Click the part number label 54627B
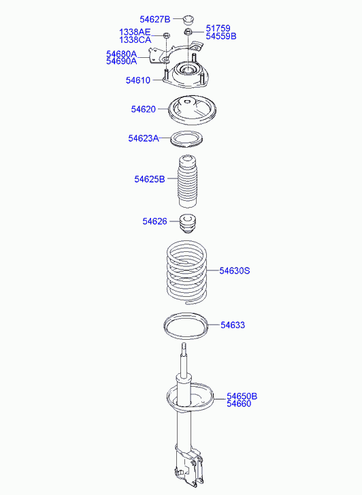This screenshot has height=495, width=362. click(x=155, y=20)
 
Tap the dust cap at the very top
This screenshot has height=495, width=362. click(x=189, y=20)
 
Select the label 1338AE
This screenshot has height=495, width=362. click(x=135, y=32)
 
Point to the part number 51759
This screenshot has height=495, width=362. click(x=218, y=29)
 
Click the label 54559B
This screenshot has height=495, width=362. click(x=221, y=36)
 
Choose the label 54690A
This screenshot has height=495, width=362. click(x=122, y=61)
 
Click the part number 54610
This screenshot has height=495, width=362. click(x=138, y=80)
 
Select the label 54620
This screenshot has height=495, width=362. click(x=144, y=109)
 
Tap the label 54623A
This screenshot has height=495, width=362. click(x=144, y=138)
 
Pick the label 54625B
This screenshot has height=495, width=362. click(x=150, y=179)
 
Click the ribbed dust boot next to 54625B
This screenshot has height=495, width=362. click(x=188, y=181)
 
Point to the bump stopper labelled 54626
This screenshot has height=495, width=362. click(x=188, y=223)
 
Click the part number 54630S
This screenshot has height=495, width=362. click(x=235, y=271)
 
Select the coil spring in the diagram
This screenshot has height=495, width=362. click(x=187, y=273)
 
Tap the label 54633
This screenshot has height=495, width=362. click(x=233, y=325)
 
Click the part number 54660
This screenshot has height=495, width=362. click(x=239, y=404)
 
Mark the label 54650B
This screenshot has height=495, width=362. click(x=242, y=396)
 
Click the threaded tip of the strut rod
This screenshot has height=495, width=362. click(x=184, y=348)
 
